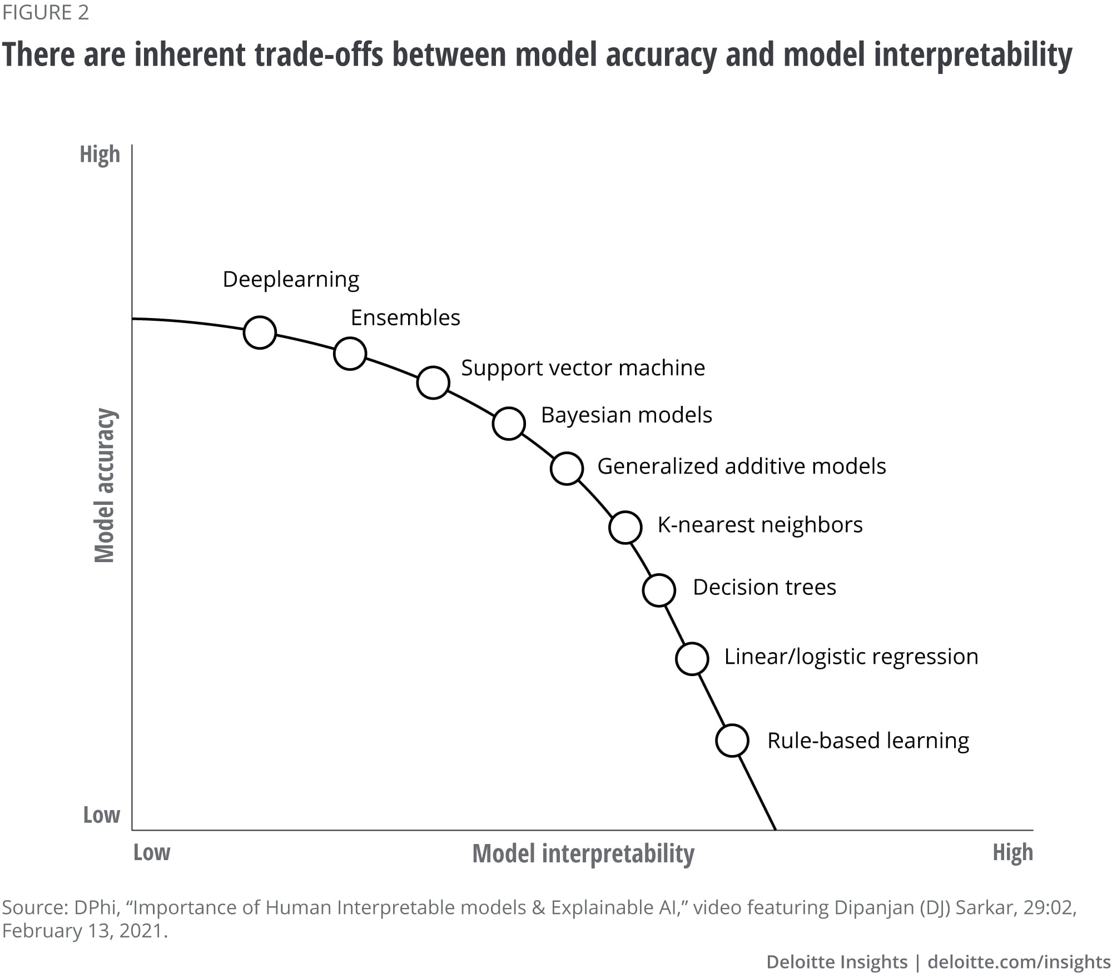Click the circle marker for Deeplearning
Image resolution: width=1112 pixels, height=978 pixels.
(260, 332)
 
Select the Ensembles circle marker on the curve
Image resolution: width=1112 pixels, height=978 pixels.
(350, 353)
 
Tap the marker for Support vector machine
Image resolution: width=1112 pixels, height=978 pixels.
(433, 383)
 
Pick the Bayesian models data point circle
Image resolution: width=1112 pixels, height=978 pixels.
(509, 423)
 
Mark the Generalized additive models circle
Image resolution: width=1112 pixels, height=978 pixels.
(567, 468)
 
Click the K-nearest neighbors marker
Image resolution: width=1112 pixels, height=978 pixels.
(625, 527)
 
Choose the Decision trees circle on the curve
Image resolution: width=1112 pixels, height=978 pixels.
(659, 589)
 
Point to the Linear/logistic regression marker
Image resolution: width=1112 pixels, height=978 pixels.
(692, 658)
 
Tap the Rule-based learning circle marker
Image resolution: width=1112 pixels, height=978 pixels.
(732, 741)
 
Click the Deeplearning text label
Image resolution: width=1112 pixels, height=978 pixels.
(291, 280)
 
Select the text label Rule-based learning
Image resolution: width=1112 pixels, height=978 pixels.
(868, 741)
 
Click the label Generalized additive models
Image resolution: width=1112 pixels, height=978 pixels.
(741, 466)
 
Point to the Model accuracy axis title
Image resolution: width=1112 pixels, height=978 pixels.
(105, 485)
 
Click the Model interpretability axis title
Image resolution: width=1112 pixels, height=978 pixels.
(583, 853)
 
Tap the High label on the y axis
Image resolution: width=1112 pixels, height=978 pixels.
(100, 155)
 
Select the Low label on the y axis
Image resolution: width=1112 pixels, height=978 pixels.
(101, 815)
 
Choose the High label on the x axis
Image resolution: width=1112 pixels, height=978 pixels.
(1012, 852)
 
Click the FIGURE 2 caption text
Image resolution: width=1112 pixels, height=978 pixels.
(46, 12)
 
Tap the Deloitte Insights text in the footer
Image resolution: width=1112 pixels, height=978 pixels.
(836, 961)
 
